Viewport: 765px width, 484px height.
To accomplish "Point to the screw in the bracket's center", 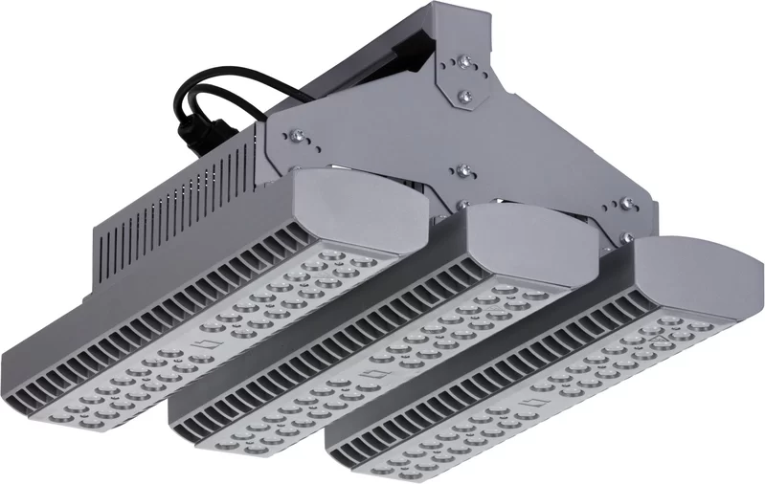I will (x=462, y=171).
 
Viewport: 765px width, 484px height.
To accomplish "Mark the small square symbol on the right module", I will (x=545, y=406).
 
